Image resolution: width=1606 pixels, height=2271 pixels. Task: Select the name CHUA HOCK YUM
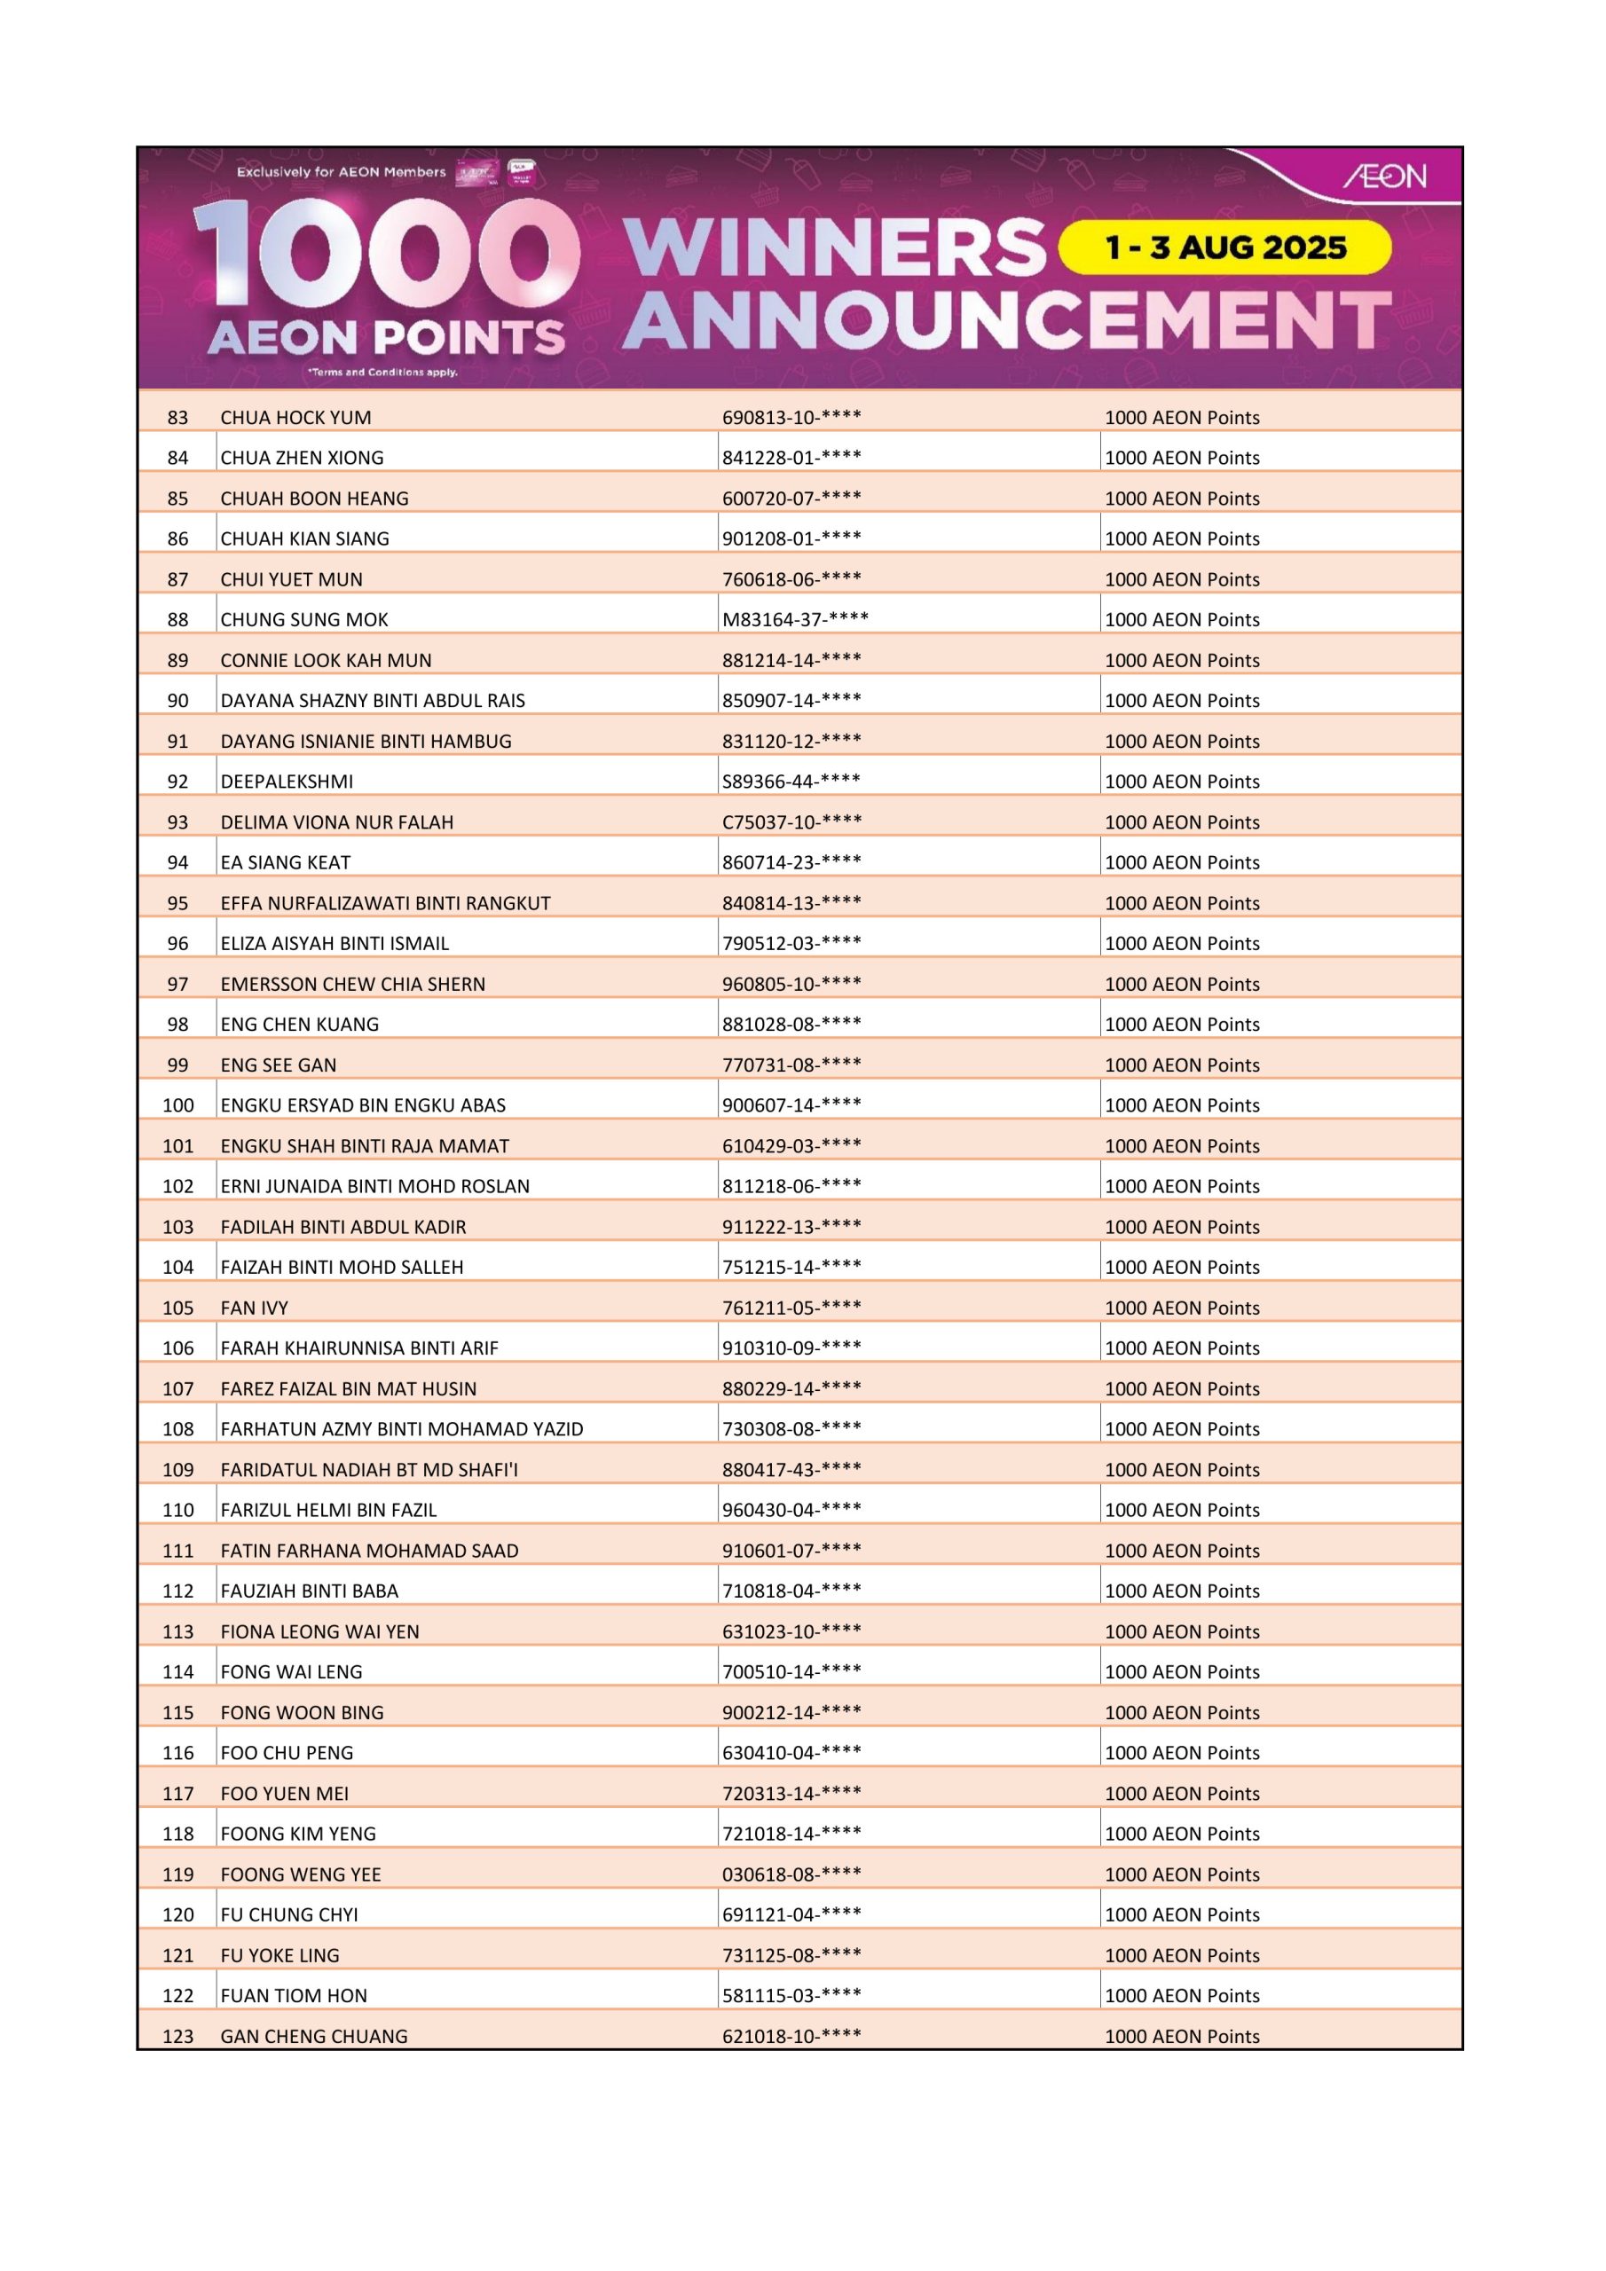pos(295,418)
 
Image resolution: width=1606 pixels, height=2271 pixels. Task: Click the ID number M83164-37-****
pos(795,619)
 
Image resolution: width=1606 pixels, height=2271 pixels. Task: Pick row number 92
pos(177,782)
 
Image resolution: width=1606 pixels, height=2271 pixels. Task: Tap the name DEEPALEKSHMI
pos(286,782)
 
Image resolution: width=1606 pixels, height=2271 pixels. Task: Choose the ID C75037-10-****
pos(791,822)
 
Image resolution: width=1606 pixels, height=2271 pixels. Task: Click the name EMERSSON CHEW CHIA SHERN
pos(352,984)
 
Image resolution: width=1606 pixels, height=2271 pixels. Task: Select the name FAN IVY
pos(255,1308)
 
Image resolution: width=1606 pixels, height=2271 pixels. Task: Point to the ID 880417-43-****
pos(791,1470)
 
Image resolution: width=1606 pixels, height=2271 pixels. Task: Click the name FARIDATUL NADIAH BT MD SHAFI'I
pos(369,1470)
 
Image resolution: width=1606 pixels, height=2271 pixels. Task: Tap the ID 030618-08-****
pos(791,1874)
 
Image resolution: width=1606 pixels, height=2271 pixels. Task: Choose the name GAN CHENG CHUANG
pos(314,2036)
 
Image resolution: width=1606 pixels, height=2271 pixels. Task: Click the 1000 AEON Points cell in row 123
pos(1182,2036)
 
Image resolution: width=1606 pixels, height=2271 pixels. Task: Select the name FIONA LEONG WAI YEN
pos(319,1631)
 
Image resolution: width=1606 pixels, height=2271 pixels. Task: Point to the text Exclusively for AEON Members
pos(342,172)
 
